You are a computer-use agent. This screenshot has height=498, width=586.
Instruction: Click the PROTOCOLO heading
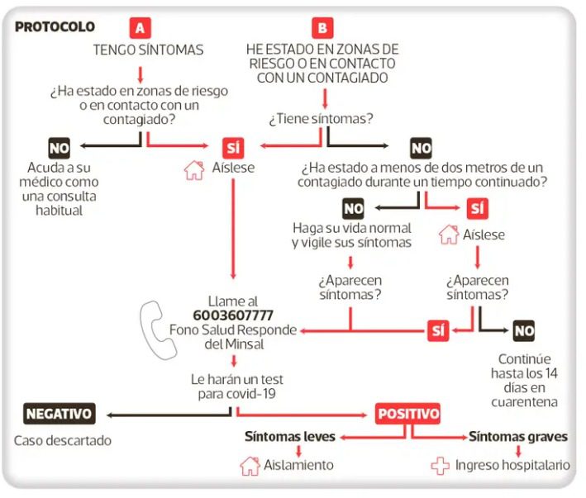[x=55, y=27]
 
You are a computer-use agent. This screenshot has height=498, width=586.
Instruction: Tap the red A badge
[x=141, y=27]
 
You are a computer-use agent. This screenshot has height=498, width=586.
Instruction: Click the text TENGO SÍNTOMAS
[x=148, y=50]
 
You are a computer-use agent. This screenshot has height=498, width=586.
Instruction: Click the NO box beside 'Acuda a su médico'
[x=60, y=149]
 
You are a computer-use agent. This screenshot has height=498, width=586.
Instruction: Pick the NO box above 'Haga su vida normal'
[x=353, y=209]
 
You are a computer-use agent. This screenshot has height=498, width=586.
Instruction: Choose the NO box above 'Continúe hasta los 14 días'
[x=524, y=331]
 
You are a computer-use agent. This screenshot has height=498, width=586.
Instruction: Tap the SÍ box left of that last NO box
[x=438, y=331]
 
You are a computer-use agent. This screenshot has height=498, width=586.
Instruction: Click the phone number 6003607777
[x=233, y=315]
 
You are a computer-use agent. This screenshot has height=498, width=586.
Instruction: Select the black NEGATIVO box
[x=60, y=413]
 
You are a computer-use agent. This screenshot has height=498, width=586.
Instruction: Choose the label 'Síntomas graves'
[x=517, y=436]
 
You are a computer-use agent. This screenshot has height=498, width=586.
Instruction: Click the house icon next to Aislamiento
[x=250, y=465]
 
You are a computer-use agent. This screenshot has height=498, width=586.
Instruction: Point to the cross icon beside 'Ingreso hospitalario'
[x=440, y=466]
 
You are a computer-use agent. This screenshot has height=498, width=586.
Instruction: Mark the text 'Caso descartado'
[x=62, y=440]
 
